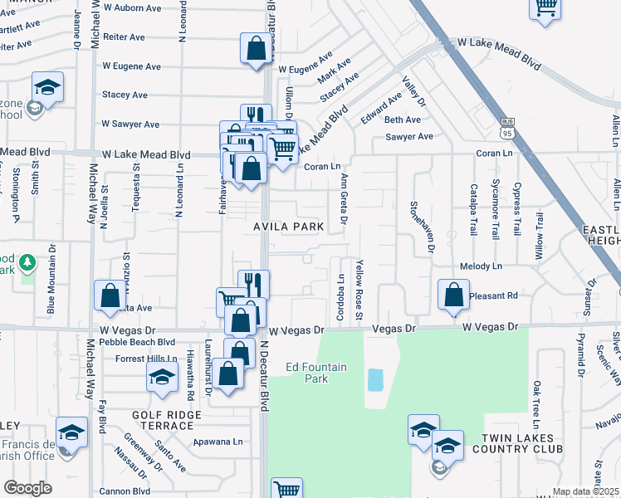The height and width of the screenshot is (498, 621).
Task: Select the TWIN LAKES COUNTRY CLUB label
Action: [x=517, y=442]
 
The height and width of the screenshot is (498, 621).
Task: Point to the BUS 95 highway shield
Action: [x=508, y=128]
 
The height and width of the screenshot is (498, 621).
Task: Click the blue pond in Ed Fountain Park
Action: [x=375, y=380]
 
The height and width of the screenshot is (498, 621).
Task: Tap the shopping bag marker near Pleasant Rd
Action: [x=453, y=295]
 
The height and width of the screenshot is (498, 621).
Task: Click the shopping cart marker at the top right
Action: [x=545, y=8]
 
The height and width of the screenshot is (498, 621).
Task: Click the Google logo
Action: [x=27, y=488]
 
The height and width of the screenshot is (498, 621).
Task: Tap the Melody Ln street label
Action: [x=482, y=267]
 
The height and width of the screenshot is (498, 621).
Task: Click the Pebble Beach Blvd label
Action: [x=136, y=341]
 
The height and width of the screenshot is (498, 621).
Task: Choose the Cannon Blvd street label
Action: [x=125, y=491]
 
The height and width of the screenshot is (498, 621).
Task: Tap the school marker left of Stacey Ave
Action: [x=48, y=88]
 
